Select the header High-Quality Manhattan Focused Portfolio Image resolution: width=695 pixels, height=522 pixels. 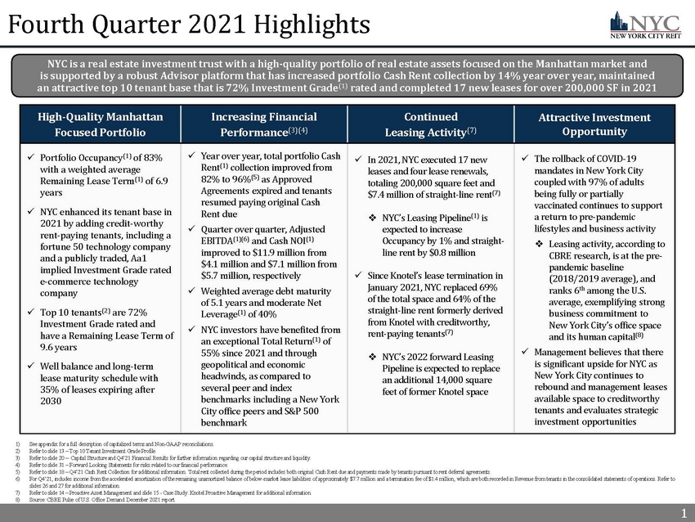point(100,124)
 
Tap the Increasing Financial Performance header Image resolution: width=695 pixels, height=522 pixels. point(258,124)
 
